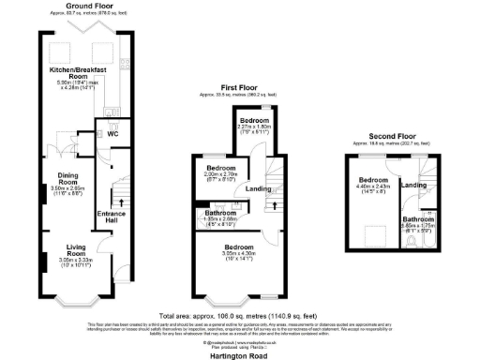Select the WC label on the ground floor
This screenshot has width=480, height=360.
(112, 134)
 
